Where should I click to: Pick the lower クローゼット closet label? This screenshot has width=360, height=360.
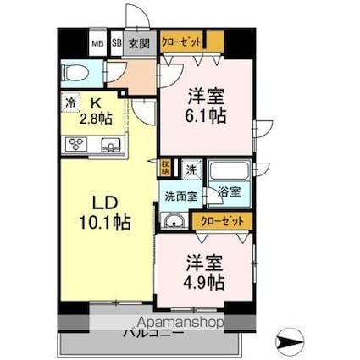pos(222,220)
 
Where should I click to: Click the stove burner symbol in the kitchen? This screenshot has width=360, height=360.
pos(75,144)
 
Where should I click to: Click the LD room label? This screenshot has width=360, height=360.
pos(103,204)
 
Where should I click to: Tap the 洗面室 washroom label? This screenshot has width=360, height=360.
pos(180,196)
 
